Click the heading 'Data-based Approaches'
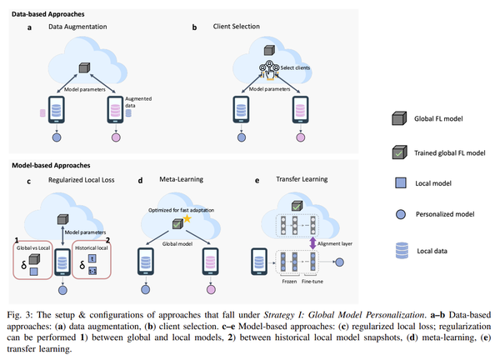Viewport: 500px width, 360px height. pyautogui.click(x=48, y=12)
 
